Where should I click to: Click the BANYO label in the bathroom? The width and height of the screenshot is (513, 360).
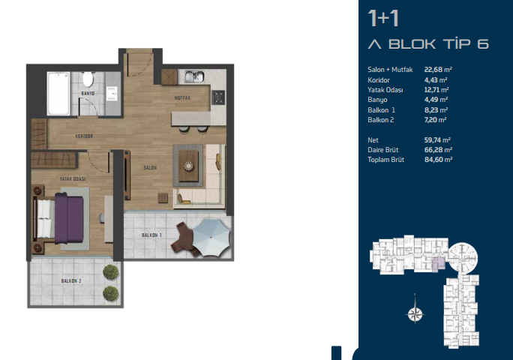click(x=88, y=94)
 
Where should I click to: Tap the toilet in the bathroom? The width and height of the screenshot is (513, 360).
click(x=88, y=79)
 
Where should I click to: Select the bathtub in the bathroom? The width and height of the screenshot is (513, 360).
click(x=59, y=94)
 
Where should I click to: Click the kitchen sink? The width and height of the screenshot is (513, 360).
click(x=194, y=77)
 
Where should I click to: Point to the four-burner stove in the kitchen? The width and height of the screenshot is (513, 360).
click(x=218, y=97)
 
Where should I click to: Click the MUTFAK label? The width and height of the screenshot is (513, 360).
click(x=182, y=97)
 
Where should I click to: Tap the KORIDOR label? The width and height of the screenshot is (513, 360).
click(x=85, y=136)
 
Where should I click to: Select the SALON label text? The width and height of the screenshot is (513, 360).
click(x=150, y=167)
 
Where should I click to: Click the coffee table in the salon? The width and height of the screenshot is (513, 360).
click(x=188, y=166)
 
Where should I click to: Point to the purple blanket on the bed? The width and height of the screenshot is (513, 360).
click(x=69, y=218)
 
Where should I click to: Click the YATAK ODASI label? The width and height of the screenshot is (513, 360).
click(x=73, y=179)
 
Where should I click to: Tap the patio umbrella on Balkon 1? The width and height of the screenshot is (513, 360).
click(x=211, y=237)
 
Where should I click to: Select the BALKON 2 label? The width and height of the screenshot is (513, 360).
click(x=71, y=280)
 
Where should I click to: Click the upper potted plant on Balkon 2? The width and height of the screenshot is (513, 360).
click(x=110, y=272)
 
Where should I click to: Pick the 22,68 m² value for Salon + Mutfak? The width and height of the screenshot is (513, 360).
click(x=438, y=70)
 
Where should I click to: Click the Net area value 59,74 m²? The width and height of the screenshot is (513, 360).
click(x=437, y=140)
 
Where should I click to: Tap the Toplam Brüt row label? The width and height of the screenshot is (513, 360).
click(x=385, y=160)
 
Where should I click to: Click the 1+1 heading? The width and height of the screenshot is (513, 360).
click(x=383, y=18)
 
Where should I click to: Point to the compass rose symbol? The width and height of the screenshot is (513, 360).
click(x=415, y=313)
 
